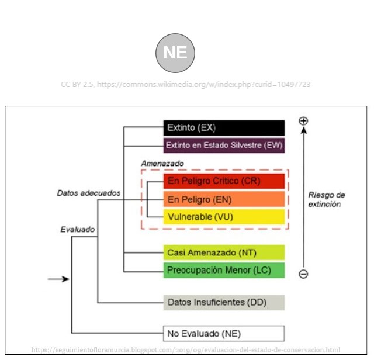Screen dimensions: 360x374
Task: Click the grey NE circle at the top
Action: pyautogui.click(x=175, y=52)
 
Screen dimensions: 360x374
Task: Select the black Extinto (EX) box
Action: pyautogui.click(x=224, y=128)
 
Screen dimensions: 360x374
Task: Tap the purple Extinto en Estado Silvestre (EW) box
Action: pyautogui.click(x=224, y=145)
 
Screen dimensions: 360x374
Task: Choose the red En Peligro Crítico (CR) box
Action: pyautogui.click(x=224, y=181)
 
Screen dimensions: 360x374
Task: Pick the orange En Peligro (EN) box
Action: pyautogui.click(x=224, y=199)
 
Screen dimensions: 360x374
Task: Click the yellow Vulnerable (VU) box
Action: pyautogui.click(x=224, y=217)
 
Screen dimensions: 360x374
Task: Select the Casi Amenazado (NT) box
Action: pyautogui.click(x=224, y=252)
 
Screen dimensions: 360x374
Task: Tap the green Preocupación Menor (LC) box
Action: pyautogui.click(x=224, y=270)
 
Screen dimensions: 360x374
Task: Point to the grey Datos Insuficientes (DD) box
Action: pyautogui.click(x=224, y=302)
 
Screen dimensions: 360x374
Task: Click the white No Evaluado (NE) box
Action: pyautogui.click(x=224, y=334)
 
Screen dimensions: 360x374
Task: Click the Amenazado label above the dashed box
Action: pyautogui.click(x=162, y=164)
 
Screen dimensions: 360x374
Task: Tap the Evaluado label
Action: pyautogui.click(x=78, y=230)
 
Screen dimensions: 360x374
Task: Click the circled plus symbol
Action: pyautogui.click(x=303, y=121)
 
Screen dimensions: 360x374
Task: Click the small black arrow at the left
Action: pyautogui.click(x=58, y=279)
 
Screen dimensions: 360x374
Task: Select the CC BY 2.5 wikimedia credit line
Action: pyautogui.click(x=186, y=85)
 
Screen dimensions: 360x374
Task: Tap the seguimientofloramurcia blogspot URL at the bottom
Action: pyautogui.click(x=186, y=350)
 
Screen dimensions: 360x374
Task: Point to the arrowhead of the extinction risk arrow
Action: pyautogui.click(x=303, y=131)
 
